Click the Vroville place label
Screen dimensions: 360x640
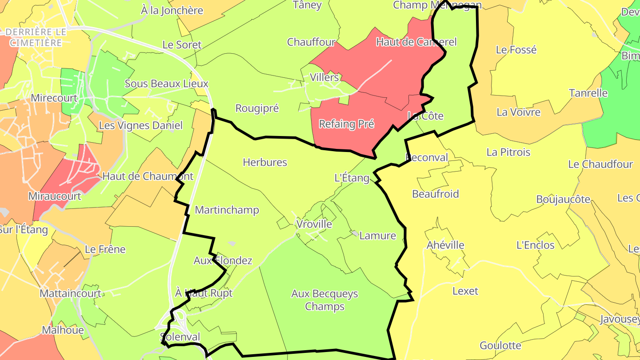tap(314, 224)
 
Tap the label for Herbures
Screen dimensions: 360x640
tap(265, 163)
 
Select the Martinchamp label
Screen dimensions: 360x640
tap(227, 210)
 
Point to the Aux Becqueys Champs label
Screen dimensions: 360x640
tap(324, 300)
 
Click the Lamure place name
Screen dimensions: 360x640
tap(377, 236)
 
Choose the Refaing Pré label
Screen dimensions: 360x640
tap(347, 124)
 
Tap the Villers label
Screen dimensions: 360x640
tap(324, 77)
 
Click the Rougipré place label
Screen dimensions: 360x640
tap(257, 108)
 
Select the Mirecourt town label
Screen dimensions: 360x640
tap(54, 98)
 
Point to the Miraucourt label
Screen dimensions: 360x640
tap(55, 196)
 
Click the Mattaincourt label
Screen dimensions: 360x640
tap(71, 294)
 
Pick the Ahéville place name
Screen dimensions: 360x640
tap(445, 245)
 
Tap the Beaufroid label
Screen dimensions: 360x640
tap(436, 194)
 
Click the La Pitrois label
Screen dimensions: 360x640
tap(508, 152)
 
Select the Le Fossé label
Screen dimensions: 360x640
tap(516, 50)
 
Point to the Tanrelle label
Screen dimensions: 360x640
tap(588, 93)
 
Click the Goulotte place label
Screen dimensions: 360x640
tap(500, 345)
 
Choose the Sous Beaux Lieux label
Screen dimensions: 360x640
tap(166, 84)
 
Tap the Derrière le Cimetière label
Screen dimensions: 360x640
tap(36, 37)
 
